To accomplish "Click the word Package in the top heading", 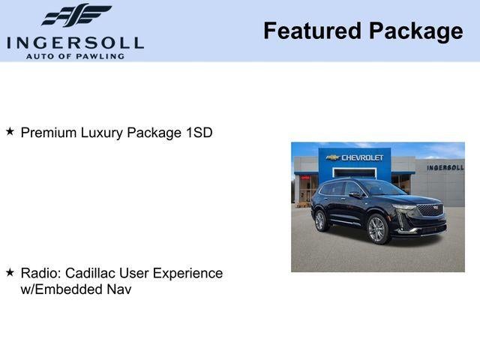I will point(416,31).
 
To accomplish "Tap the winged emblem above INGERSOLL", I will point(76,16).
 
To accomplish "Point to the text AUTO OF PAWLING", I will point(75,56).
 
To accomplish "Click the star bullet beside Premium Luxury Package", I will point(10,132).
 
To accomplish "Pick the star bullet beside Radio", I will point(10,272).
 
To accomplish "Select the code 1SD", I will point(199,133).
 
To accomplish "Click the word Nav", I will point(119,289).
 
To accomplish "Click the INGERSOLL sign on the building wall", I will point(445,167).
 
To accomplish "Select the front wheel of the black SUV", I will point(376,229).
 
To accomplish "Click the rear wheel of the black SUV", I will point(320,220).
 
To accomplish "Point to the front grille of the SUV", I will point(430,211).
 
